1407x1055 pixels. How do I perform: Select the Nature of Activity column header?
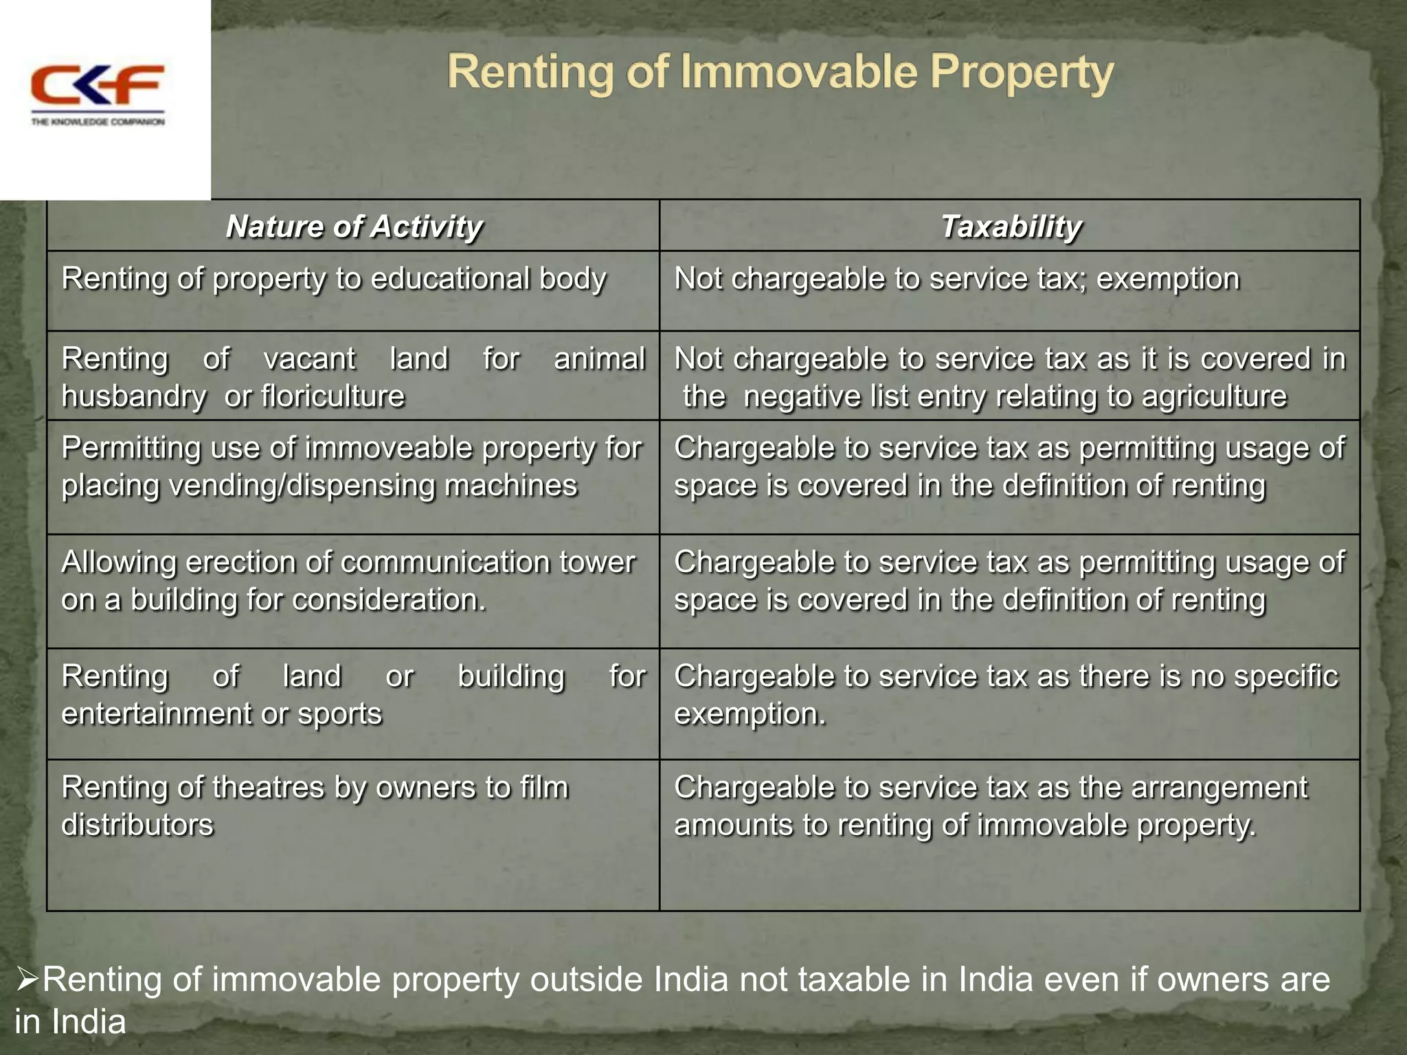click(x=354, y=227)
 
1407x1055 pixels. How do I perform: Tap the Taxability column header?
click(x=1011, y=227)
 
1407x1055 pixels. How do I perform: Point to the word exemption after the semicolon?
click(x=1168, y=279)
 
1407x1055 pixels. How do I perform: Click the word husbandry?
click(x=134, y=396)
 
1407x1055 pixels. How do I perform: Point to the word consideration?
click(x=389, y=600)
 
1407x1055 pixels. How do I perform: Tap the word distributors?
click(x=137, y=825)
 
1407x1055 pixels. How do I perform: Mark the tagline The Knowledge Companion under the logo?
click(x=98, y=122)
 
